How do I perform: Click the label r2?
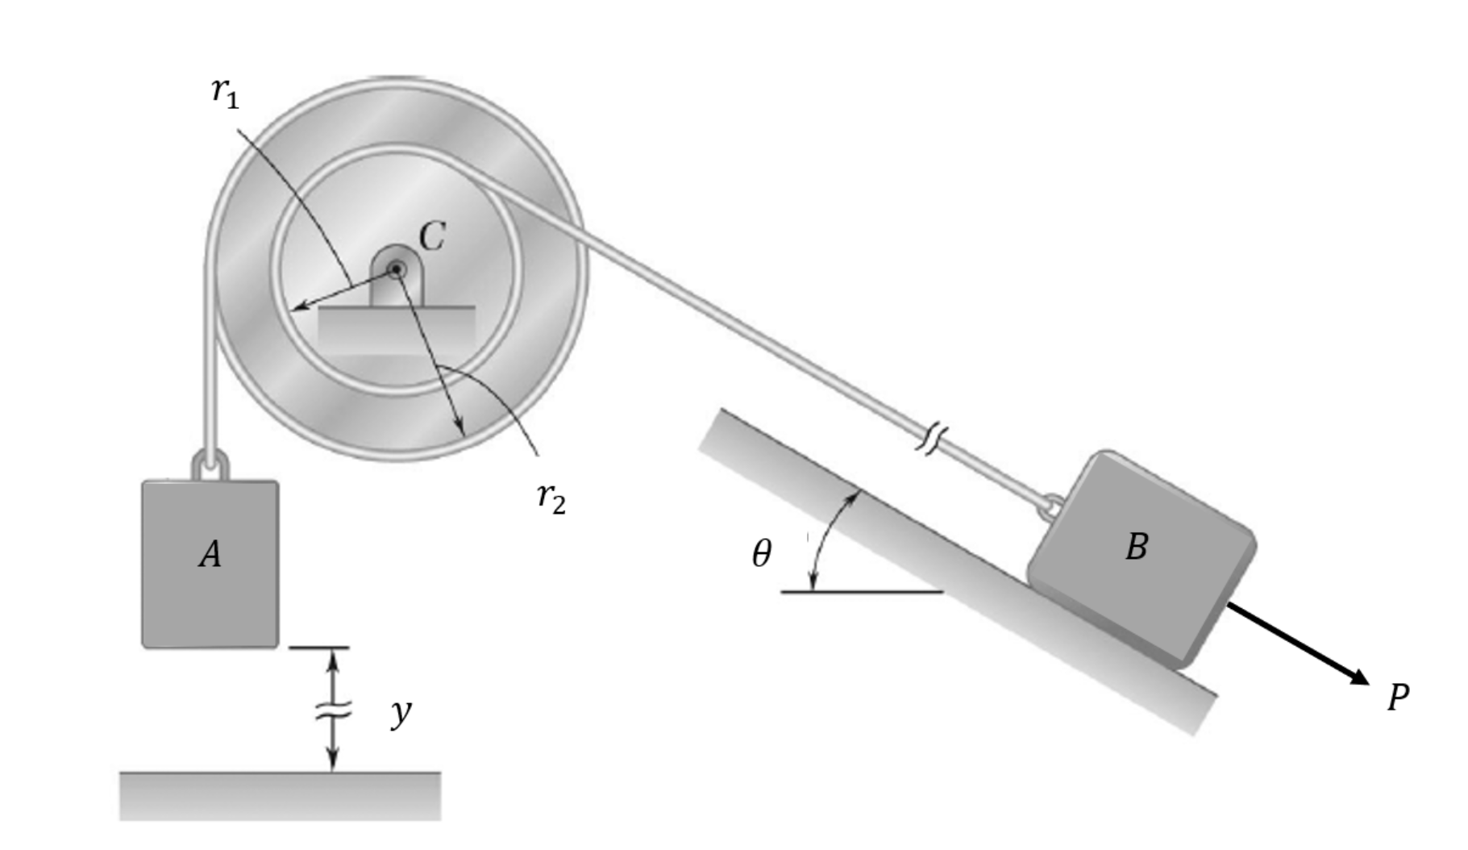pyautogui.click(x=551, y=497)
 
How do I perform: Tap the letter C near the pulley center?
pyautogui.click(x=432, y=237)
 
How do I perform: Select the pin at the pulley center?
pyautogui.click(x=396, y=269)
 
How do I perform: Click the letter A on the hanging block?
pyautogui.click(x=210, y=555)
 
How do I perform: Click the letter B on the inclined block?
pyautogui.click(x=1136, y=547)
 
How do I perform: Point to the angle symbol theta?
pyautogui.click(x=761, y=554)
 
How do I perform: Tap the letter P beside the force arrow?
pyautogui.click(x=1398, y=697)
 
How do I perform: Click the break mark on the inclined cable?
pyautogui.click(x=931, y=440)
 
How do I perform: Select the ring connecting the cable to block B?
pyautogui.click(x=1051, y=507)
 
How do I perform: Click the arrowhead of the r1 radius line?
pyautogui.click(x=297, y=306)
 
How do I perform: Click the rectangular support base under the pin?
pyautogui.click(x=396, y=327)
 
